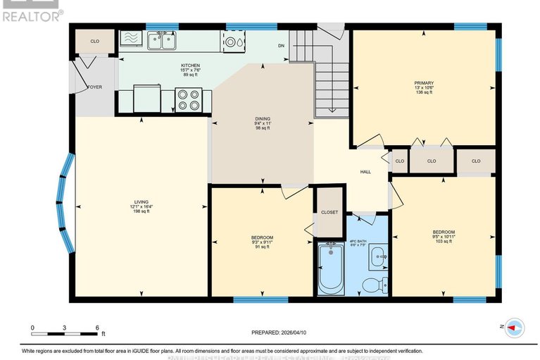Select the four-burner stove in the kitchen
tap(189, 100)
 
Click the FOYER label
tap(94, 87)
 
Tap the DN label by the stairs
tap(281, 45)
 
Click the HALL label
tap(365, 172)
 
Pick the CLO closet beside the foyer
tap(95, 42)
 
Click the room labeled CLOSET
tap(329, 212)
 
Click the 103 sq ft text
tap(444, 242)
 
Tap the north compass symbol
tap(514, 328)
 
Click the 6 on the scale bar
tap(96, 328)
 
